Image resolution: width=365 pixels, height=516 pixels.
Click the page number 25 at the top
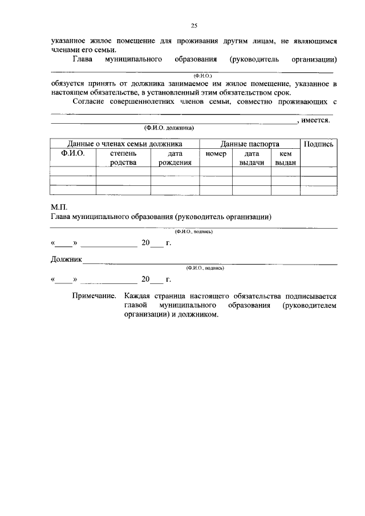pyautogui.click(x=193, y=25)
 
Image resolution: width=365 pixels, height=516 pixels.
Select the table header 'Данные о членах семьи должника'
pyautogui.click(x=124, y=144)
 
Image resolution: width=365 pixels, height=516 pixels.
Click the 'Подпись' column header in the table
pyautogui.click(x=318, y=144)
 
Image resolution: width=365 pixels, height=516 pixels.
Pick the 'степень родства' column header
pyautogui.click(x=123, y=158)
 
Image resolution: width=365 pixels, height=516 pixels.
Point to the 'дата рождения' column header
pyautogui.click(x=175, y=158)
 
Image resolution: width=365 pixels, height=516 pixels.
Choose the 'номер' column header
pyautogui.click(x=216, y=154)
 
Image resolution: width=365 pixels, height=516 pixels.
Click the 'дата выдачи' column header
pyautogui.click(x=252, y=158)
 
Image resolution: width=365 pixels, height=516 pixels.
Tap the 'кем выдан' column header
pyautogui.click(x=285, y=158)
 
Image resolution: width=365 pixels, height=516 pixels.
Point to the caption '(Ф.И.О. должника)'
pyautogui.click(x=169, y=128)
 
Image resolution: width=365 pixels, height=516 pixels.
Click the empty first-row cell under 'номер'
pyautogui.click(x=216, y=170)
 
